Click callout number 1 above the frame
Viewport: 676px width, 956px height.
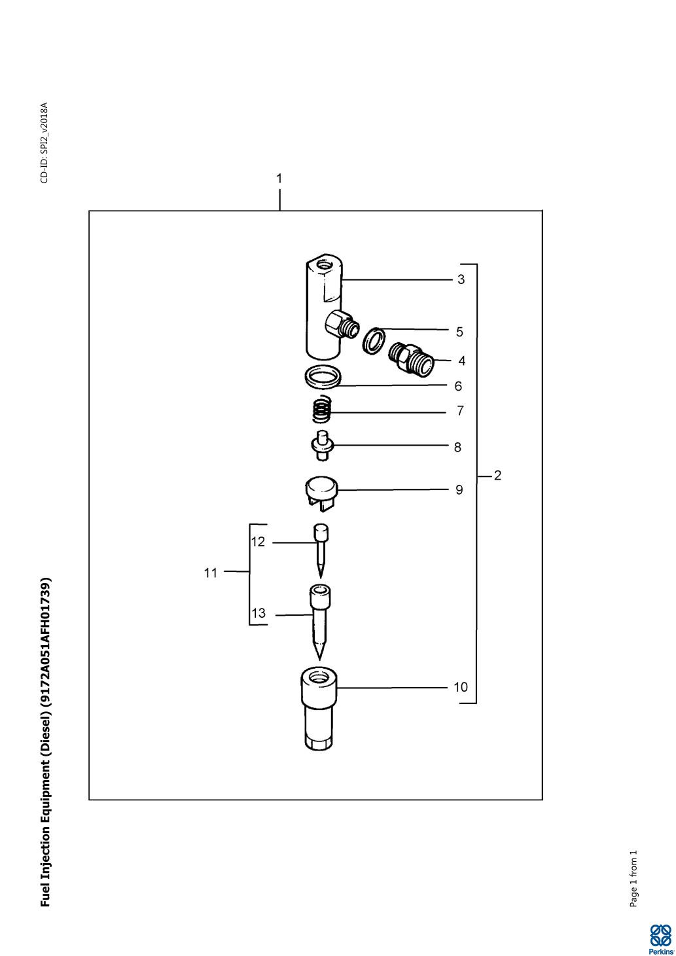point(279,179)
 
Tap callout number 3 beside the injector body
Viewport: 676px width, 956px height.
point(461,279)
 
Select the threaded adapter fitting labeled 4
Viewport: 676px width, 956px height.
point(412,359)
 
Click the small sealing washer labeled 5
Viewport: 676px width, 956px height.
point(375,340)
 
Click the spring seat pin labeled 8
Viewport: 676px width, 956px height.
point(322,446)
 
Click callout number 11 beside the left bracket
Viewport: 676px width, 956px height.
point(211,573)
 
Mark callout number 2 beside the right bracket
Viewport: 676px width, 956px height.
point(497,475)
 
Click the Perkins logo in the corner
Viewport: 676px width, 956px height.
point(660,938)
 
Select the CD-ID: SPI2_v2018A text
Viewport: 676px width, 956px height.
point(44,143)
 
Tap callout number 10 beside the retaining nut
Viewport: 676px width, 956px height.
point(461,687)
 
